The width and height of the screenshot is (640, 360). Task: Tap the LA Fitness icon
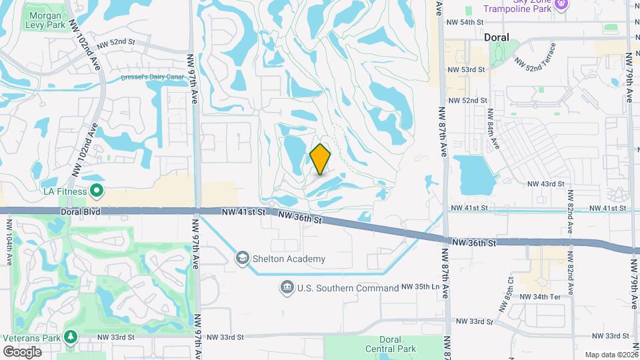[x=97, y=192]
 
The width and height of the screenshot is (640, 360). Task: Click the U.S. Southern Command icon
[x=287, y=287]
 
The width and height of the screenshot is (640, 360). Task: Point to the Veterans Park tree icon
[x=71, y=338]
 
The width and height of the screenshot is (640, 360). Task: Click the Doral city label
[x=496, y=38]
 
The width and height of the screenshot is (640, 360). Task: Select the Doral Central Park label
[x=390, y=344]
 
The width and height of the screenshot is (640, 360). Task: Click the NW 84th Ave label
[x=493, y=128]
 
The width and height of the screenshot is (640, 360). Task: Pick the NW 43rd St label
[x=545, y=184]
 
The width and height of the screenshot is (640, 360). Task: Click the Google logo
[x=22, y=351]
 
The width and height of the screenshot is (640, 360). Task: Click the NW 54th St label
[x=464, y=22]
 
